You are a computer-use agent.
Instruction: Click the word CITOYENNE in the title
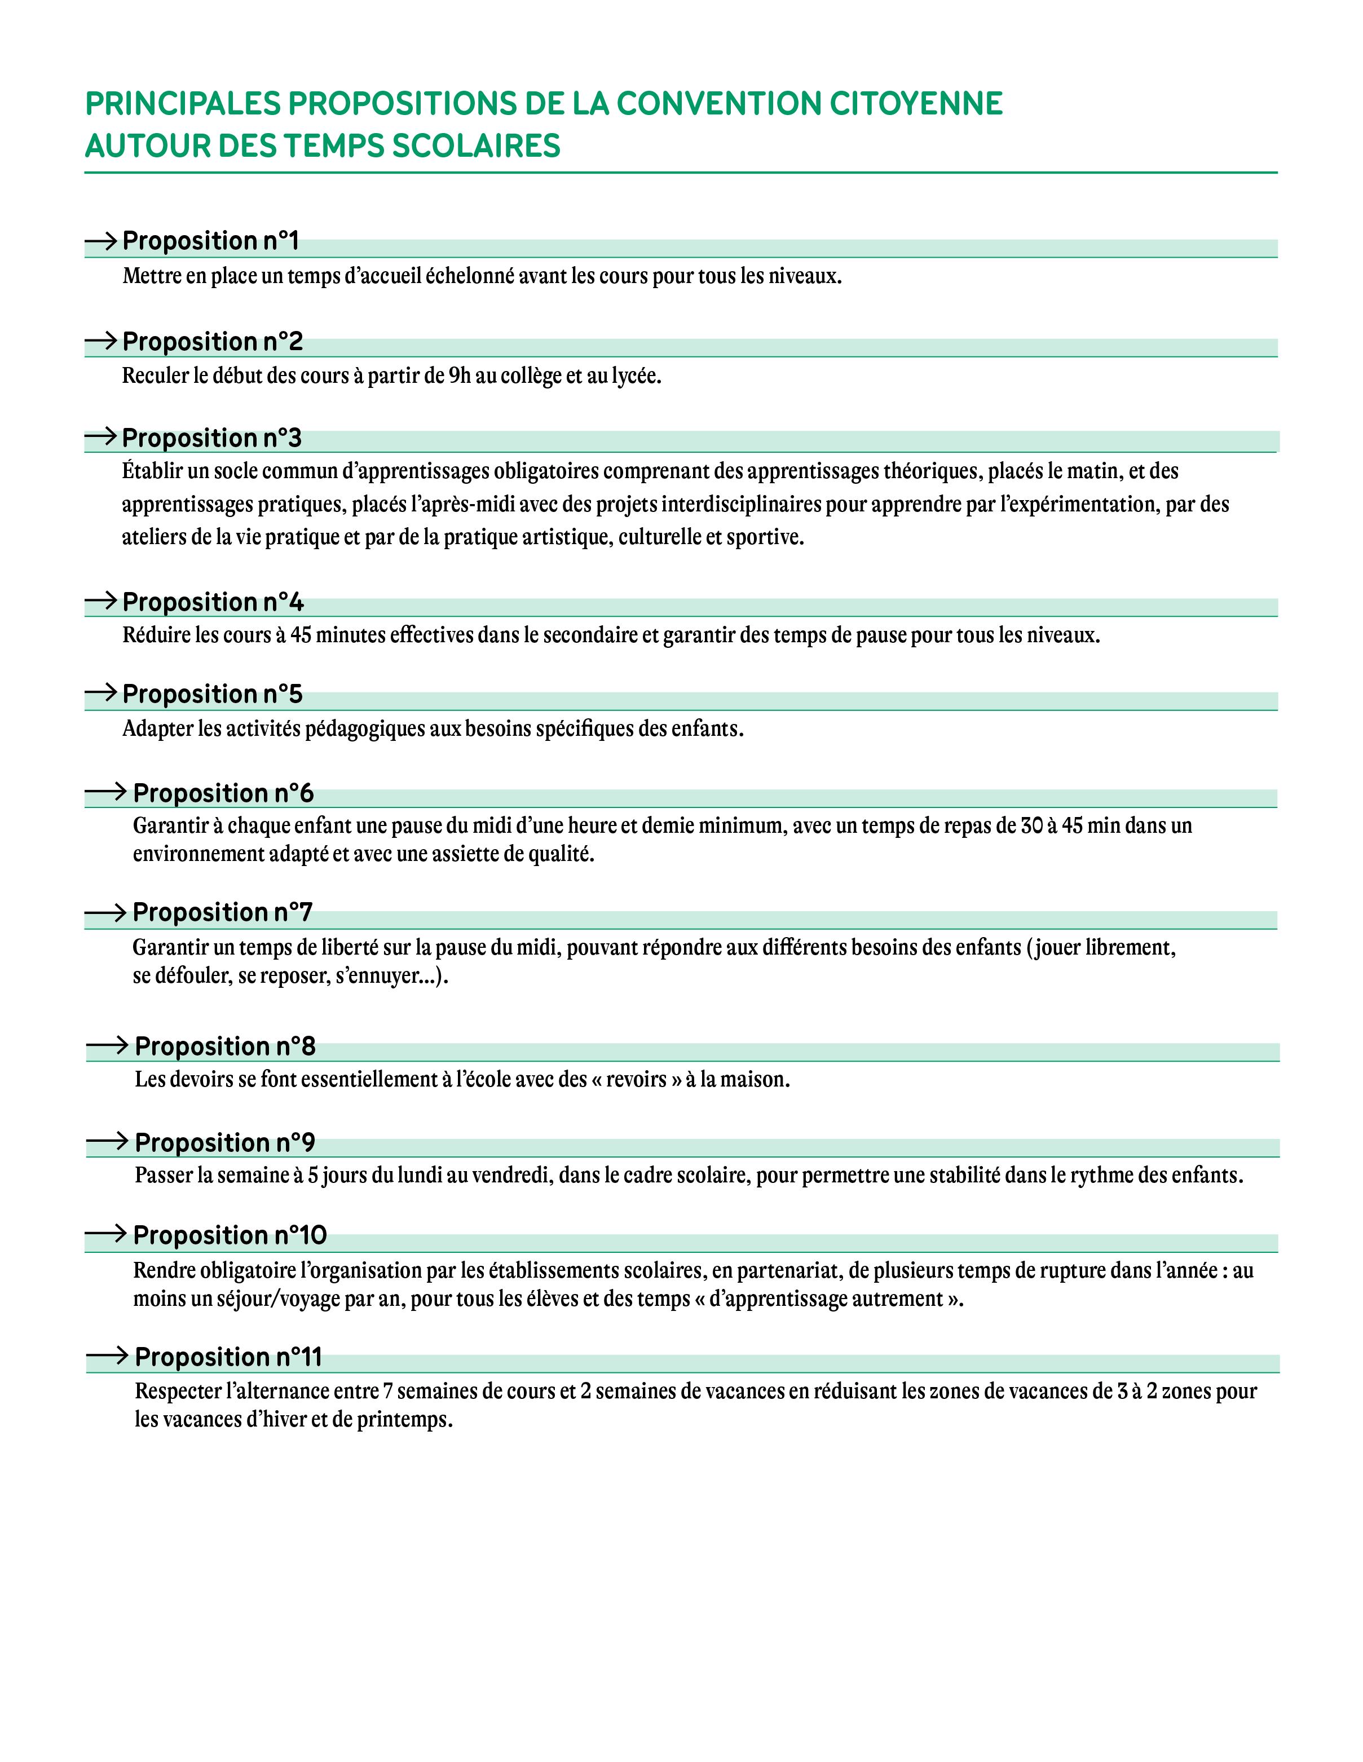pyautogui.click(x=916, y=104)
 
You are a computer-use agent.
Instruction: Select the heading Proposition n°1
pyautogui.click(x=210, y=241)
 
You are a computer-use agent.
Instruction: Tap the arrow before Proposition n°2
pyautogui.click(x=101, y=341)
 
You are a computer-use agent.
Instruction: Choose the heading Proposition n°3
pyautogui.click(x=211, y=438)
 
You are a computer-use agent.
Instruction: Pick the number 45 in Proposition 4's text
pyautogui.click(x=301, y=636)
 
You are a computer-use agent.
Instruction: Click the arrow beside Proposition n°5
pyautogui.click(x=101, y=692)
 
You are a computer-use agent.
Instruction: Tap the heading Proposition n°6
pyautogui.click(x=223, y=794)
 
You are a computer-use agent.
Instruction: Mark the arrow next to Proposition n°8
pyautogui.click(x=107, y=1045)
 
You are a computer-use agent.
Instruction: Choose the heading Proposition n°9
pyautogui.click(x=224, y=1143)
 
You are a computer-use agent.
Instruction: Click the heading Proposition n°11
pyautogui.click(x=228, y=1358)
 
